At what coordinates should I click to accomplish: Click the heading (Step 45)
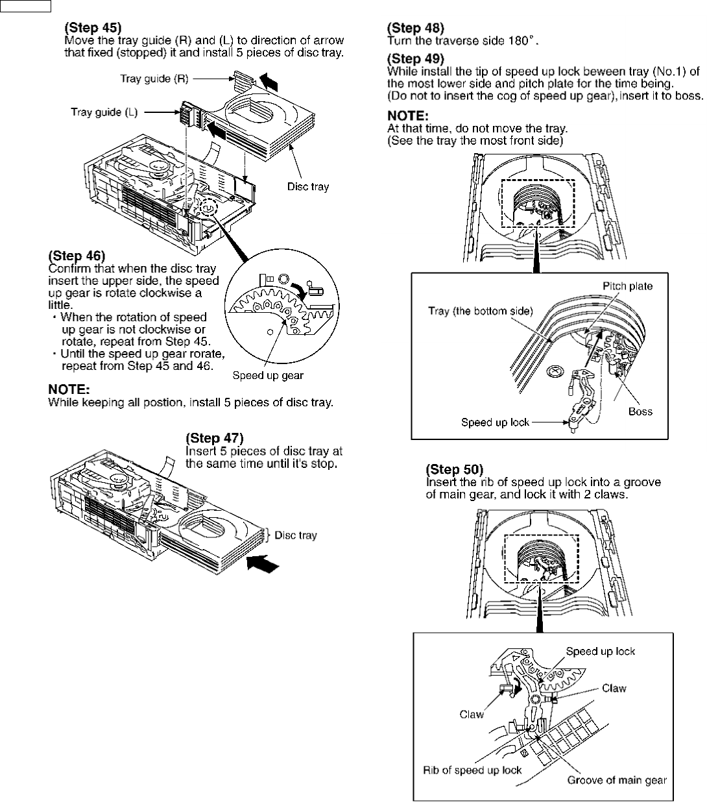click(x=93, y=28)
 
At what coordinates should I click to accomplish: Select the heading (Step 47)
click(x=215, y=438)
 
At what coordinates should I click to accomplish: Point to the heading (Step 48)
click(x=416, y=28)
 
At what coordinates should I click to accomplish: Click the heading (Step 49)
click(x=416, y=59)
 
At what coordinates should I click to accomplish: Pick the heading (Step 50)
click(x=455, y=469)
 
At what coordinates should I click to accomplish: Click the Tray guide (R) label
click(x=154, y=79)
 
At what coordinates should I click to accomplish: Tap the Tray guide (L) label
click(x=104, y=112)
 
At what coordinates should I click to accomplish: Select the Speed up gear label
click(x=268, y=375)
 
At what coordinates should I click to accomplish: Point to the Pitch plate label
click(x=627, y=286)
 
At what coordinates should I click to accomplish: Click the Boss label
click(x=640, y=411)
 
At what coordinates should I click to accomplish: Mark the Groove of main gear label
click(x=617, y=780)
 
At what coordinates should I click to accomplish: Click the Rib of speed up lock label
click(x=472, y=770)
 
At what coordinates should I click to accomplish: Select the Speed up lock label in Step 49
click(x=495, y=422)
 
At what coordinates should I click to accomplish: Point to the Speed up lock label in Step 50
click(x=601, y=651)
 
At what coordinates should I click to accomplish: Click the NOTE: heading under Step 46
click(x=69, y=389)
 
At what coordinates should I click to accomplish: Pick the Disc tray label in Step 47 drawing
click(x=296, y=535)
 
